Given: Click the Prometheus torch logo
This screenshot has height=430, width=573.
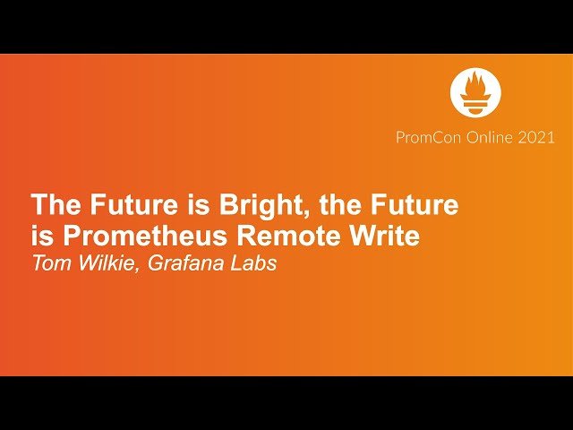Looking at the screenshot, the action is point(475,91).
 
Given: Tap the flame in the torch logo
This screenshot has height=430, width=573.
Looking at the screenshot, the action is point(475,84).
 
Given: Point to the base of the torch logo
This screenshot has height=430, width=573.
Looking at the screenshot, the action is point(475,105).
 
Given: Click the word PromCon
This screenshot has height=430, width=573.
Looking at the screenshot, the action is point(428,137).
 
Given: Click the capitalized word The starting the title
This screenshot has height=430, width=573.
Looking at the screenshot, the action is point(56,204).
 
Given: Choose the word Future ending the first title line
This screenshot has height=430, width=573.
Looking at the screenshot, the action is point(415,204).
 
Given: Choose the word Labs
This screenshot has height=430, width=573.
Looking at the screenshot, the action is point(253,263).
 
